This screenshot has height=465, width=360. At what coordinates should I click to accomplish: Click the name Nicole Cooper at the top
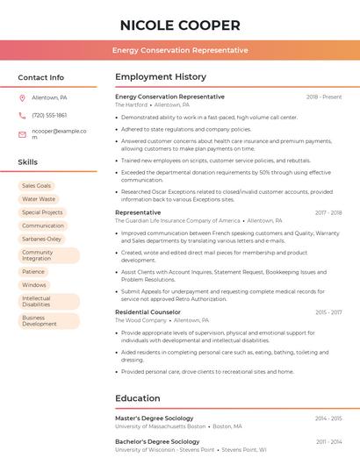[180, 25]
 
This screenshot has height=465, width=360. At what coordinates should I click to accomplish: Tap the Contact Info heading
[41, 77]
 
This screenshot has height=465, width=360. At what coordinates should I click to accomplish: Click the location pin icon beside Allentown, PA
[22, 97]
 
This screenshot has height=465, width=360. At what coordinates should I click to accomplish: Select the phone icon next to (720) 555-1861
[22, 115]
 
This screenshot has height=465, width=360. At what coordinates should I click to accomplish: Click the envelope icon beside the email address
[22, 134]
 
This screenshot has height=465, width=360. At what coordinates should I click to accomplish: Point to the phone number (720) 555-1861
[49, 115]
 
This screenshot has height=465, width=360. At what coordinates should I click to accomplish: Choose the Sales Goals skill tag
[37, 186]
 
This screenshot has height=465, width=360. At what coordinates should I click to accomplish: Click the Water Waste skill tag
[39, 199]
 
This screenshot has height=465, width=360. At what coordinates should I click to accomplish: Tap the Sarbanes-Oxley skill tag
[42, 239]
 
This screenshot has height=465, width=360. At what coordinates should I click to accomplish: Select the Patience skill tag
[33, 272]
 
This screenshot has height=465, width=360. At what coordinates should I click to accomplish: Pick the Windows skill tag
[34, 285]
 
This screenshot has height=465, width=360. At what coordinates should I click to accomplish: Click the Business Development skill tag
[40, 321]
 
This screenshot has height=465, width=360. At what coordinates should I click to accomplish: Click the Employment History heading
[161, 77]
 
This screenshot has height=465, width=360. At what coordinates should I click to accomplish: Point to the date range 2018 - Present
[324, 97]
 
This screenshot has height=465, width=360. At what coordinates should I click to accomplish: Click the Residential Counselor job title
[148, 312]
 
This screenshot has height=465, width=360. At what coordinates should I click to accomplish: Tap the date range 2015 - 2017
[328, 312]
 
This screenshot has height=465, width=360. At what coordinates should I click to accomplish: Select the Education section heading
[138, 398]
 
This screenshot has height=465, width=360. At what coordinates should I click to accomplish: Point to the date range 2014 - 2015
[328, 418]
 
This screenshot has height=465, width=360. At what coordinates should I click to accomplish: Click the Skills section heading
[28, 162]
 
